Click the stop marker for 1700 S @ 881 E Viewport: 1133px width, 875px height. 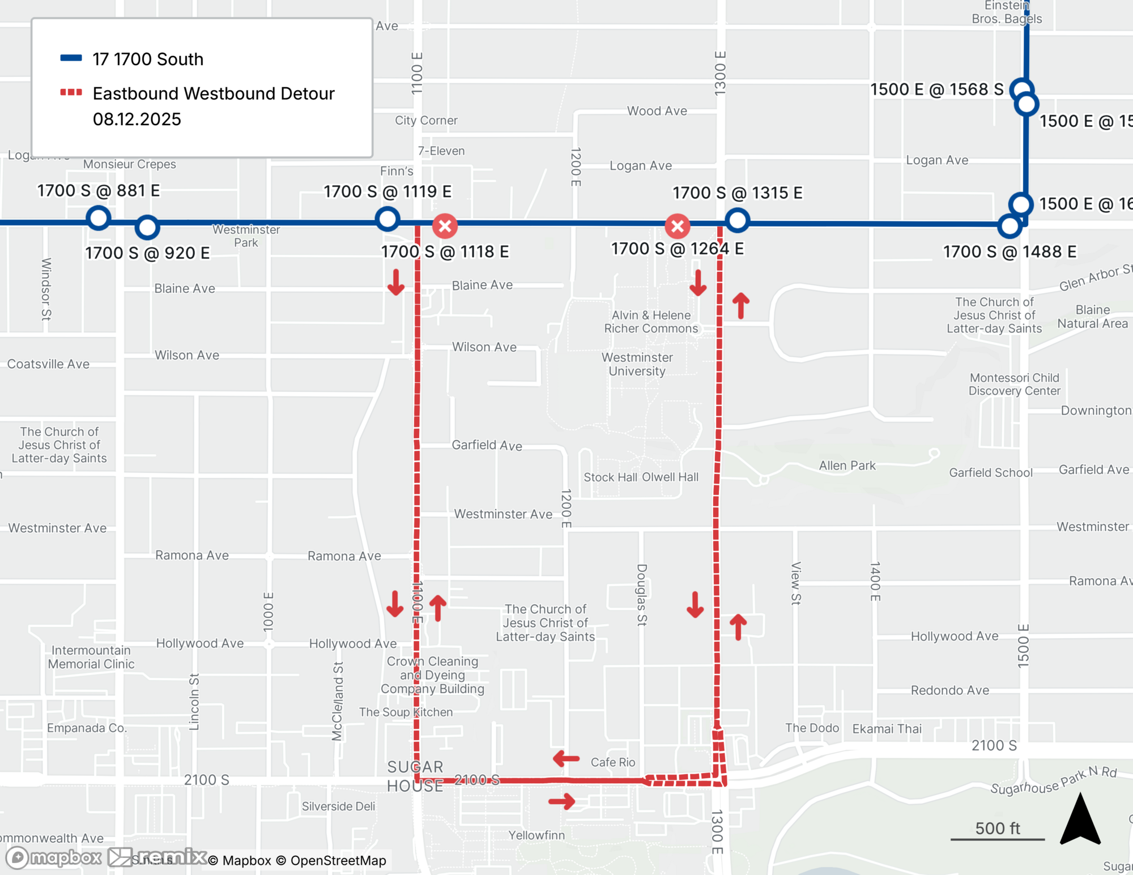pos(99,218)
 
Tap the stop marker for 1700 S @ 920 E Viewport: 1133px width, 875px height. pos(147,228)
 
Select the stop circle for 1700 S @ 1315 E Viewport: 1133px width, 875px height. pos(737,220)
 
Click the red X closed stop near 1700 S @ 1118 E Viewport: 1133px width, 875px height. pos(445,226)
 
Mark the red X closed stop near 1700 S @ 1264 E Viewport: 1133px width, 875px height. pos(678,227)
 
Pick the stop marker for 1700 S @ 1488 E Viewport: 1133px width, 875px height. pos(1010,226)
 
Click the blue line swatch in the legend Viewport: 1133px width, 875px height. pos(71,58)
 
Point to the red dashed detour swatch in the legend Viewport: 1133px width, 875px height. pos(71,92)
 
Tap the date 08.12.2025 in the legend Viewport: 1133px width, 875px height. pos(137,119)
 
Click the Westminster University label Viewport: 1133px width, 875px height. pos(637,364)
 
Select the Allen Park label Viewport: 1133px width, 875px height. pos(847,466)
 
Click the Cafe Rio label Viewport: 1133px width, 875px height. pos(613,762)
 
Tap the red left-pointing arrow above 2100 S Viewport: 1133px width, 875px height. pos(566,758)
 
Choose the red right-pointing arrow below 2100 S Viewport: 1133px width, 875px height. pos(562,801)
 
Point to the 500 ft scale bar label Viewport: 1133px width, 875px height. pos(998,829)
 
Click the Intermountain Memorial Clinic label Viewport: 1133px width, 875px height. pos(91,657)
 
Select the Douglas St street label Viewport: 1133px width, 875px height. pos(642,595)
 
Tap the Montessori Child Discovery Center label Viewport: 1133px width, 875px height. pos(1014,384)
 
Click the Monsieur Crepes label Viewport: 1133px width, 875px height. pos(130,164)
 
